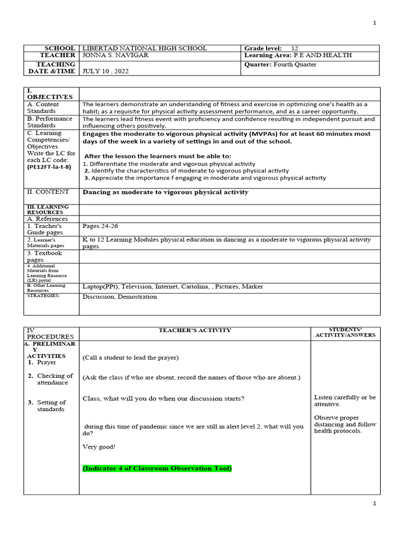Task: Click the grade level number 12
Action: pos(295,48)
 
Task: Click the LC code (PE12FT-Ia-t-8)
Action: pos(49,167)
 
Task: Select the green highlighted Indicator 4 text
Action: pos(157,468)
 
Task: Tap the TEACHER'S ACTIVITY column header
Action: pos(195,331)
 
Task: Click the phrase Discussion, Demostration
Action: pos(119,297)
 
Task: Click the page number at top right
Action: pos(374,23)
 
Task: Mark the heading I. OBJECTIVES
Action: pos(44,94)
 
